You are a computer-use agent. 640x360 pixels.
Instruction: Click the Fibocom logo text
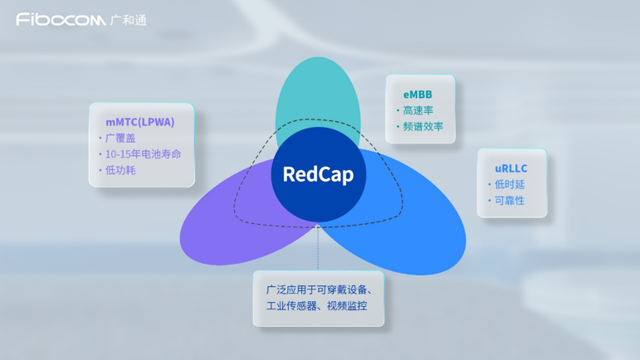pos(61,19)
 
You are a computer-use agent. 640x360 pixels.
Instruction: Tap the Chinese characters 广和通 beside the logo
pos(129,20)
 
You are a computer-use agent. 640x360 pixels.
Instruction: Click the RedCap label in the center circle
pos(318,174)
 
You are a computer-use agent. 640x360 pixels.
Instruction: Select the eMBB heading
pos(418,95)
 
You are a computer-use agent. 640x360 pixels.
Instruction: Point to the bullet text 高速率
pos(418,110)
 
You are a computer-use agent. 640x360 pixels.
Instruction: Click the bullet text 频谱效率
pos(423,127)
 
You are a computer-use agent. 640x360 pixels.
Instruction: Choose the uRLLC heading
pos(511,168)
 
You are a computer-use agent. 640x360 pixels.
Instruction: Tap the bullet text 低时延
pos(510,184)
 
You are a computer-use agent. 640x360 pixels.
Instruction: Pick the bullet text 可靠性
pos(510,201)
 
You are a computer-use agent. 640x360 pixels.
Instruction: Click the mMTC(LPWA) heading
pos(140,122)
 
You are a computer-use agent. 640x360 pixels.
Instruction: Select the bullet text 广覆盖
pos(120,138)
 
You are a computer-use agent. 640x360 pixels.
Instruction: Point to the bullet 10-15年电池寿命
pos(143,153)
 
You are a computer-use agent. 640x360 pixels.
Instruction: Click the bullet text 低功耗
pos(120,170)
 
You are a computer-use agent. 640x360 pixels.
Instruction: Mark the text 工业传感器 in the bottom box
pos(285,306)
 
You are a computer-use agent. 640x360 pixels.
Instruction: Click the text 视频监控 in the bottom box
pos(346,306)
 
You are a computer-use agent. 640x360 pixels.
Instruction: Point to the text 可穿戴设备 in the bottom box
pos(340,289)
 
